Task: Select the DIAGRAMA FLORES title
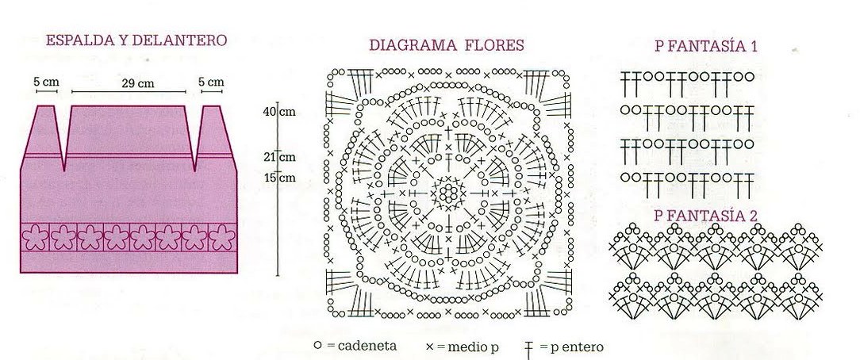tap(447, 45)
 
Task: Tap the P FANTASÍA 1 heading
tap(706, 47)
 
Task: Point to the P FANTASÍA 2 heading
tap(706, 215)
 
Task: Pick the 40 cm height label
tap(279, 112)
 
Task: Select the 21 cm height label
tap(279, 156)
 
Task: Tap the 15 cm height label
tap(279, 178)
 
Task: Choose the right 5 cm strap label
tap(211, 82)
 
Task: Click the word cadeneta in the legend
tap(367, 347)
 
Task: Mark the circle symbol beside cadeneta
tap(317, 346)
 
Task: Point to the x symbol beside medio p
tap(429, 347)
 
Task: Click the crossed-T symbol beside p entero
tap(528, 347)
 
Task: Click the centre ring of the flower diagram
tap(449, 190)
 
